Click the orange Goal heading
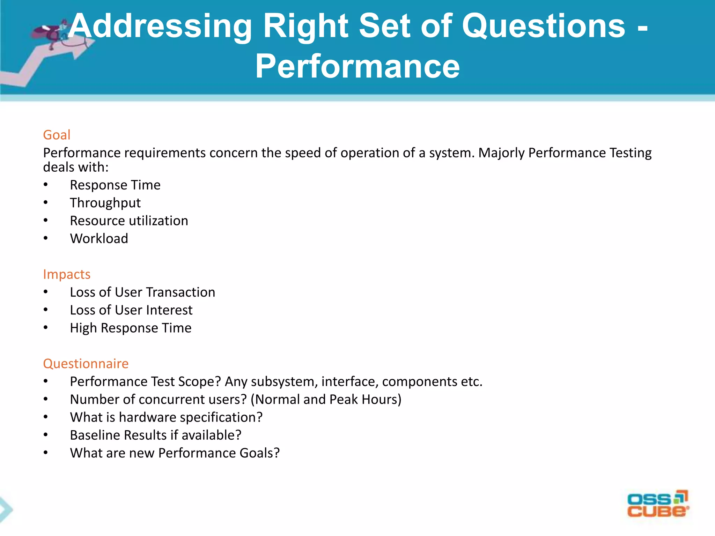click(57, 135)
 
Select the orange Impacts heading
click(67, 274)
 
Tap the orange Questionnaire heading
click(86, 364)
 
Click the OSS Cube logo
click(658, 504)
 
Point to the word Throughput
click(105, 203)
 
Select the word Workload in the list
click(99, 239)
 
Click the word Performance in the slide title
click(357, 66)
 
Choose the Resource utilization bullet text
click(129, 221)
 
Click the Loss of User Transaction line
click(142, 292)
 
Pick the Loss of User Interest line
click(131, 310)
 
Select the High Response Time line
click(131, 328)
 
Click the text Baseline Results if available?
click(155, 435)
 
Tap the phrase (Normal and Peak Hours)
click(328, 400)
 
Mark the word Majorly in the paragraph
click(501, 153)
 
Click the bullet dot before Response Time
click(46, 185)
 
